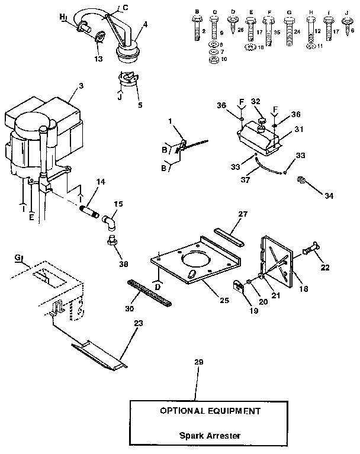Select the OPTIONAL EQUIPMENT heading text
coord(211,410)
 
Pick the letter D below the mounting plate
coord(158,286)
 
